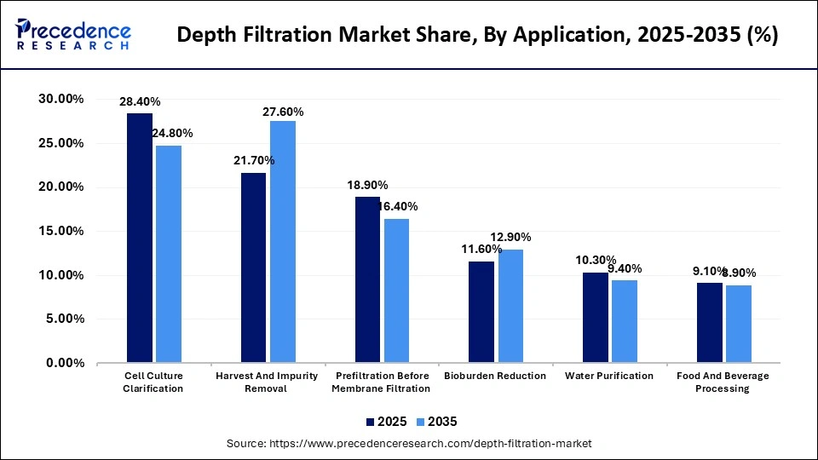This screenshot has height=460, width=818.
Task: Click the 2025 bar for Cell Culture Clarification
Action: [140, 239]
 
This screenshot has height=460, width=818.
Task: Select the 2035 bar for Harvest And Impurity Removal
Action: [283, 242]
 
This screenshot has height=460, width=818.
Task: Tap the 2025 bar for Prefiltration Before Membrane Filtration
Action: [367, 280]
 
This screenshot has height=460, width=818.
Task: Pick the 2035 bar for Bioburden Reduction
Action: [511, 307]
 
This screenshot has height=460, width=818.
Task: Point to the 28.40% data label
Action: [140, 101]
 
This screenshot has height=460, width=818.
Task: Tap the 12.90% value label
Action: [511, 236]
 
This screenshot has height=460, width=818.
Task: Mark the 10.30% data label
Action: [596, 260]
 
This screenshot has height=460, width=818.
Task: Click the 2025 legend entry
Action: [387, 422]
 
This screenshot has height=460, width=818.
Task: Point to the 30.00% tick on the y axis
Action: [60, 100]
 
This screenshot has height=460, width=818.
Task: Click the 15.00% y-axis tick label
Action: [60, 231]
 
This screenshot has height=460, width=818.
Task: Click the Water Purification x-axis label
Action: [608, 376]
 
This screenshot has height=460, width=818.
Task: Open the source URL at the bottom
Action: [409, 444]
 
